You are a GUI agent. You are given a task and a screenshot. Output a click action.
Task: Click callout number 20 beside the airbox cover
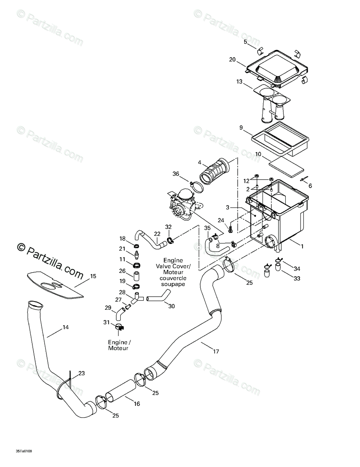click(233, 60)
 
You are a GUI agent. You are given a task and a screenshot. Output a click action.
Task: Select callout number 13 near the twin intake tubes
click(239, 82)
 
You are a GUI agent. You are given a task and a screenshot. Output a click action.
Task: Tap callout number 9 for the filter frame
click(241, 128)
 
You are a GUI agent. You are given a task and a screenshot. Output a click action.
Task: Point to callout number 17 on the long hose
click(216, 352)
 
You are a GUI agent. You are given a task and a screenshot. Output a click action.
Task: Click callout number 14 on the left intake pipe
click(66, 328)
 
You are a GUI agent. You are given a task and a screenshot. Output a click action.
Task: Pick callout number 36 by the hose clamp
click(176, 174)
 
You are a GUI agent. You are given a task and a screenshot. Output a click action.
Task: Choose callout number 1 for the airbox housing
click(302, 246)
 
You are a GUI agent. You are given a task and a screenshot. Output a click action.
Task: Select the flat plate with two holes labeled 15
click(56, 285)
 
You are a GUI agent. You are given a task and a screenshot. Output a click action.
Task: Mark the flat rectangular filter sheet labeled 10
click(285, 164)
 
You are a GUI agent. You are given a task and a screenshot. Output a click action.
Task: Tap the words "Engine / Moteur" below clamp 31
click(118, 345)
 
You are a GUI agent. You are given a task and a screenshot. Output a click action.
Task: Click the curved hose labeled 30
click(159, 296)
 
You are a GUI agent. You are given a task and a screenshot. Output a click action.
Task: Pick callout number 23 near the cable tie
click(82, 374)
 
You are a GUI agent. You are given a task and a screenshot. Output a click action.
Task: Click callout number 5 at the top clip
click(245, 42)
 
